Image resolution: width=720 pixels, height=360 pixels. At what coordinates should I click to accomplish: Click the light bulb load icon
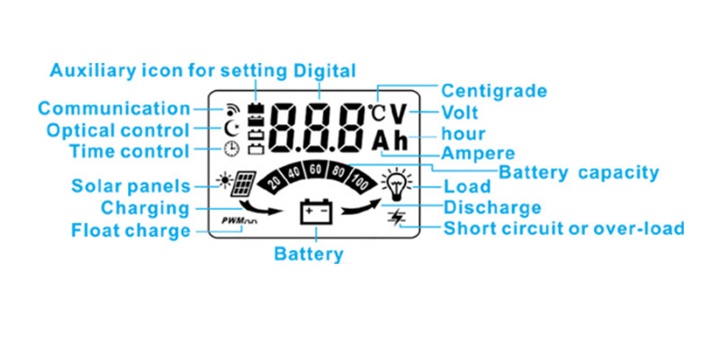point(394,183)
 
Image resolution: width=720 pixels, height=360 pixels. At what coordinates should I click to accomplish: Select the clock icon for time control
point(231,150)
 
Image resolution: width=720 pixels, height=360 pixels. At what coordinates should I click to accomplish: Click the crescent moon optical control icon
point(231,129)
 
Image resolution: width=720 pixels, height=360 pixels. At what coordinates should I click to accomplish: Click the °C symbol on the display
point(377,113)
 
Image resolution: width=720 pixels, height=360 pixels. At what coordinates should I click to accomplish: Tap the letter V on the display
point(400,114)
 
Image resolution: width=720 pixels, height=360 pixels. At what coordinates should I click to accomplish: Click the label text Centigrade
point(494,91)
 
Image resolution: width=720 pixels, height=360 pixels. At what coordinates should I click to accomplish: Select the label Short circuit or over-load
point(564,229)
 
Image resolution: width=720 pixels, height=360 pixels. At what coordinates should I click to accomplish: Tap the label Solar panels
point(130,187)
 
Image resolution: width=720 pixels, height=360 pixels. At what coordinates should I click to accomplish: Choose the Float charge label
point(130,230)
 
